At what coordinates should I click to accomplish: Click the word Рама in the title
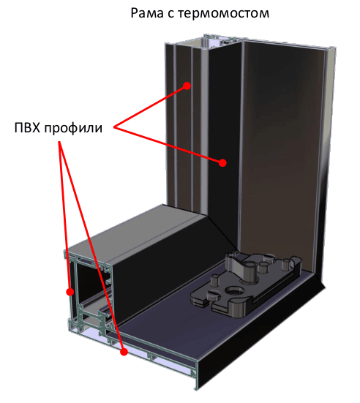tap(147, 13)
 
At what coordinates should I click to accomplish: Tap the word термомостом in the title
tap(223, 13)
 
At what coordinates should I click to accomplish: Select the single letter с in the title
tap(170, 14)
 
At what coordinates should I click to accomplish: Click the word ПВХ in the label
tap(28, 128)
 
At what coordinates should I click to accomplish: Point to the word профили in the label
tap(73, 128)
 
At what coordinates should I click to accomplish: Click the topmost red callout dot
tap(187, 86)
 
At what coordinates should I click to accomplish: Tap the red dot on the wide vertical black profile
tap(222, 162)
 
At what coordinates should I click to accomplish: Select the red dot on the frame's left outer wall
tap(70, 292)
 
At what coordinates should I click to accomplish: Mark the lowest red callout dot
tap(124, 352)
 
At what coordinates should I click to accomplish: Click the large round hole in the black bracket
tap(235, 291)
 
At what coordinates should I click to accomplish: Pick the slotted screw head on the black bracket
tap(214, 294)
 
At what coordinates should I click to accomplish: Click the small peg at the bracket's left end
tap(215, 279)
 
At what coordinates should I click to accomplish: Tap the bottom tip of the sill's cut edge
tap(196, 390)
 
